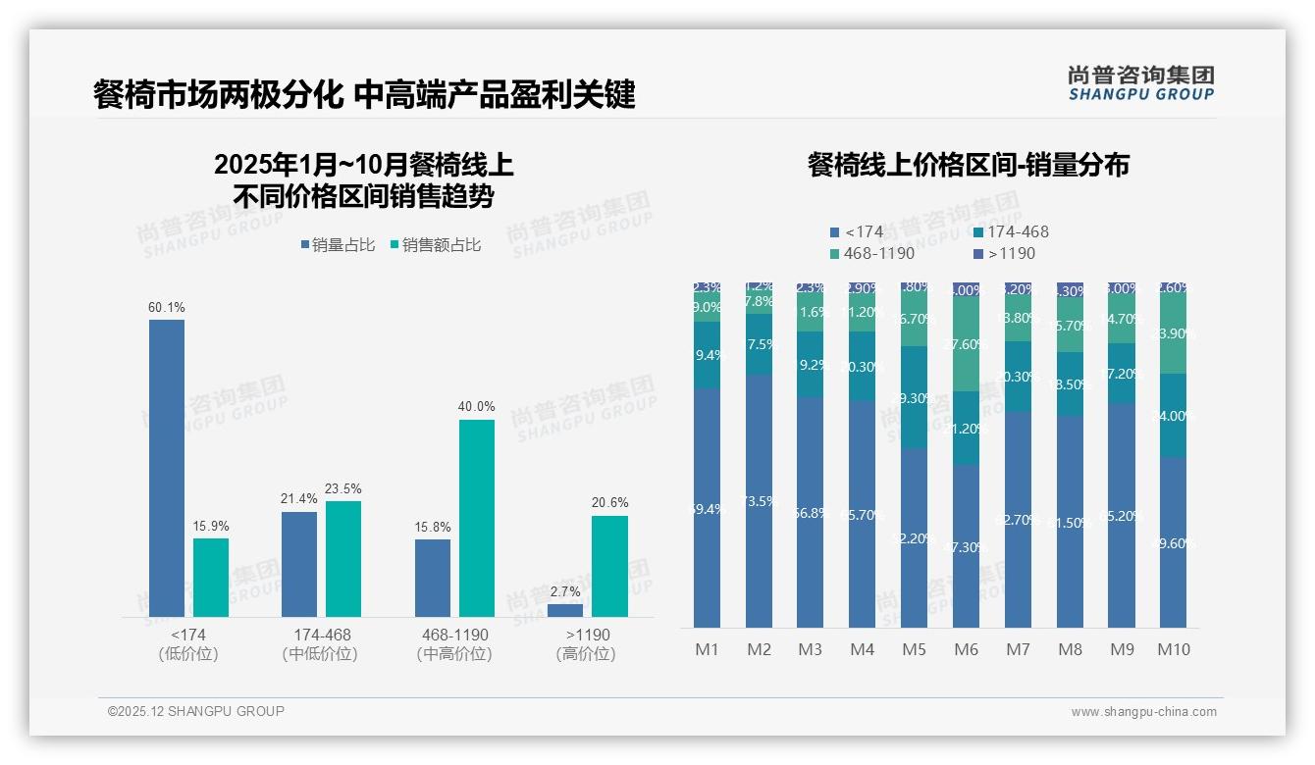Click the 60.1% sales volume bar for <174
click(167, 468)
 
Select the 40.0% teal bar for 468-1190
click(477, 518)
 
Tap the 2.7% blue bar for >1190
click(565, 610)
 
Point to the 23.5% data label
click(343, 488)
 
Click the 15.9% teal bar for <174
click(211, 577)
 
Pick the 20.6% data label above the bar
click(609, 502)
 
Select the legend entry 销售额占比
click(436, 245)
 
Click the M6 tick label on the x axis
click(966, 649)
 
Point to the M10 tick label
click(1173, 649)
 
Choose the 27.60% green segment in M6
click(966, 344)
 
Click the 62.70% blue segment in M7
click(1018, 519)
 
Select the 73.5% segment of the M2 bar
click(759, 500)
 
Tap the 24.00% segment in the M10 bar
click(1173, 415)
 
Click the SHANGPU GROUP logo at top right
click(1140, 83)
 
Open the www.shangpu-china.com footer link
click(1143, 712)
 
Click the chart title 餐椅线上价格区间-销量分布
click(968, 165)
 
